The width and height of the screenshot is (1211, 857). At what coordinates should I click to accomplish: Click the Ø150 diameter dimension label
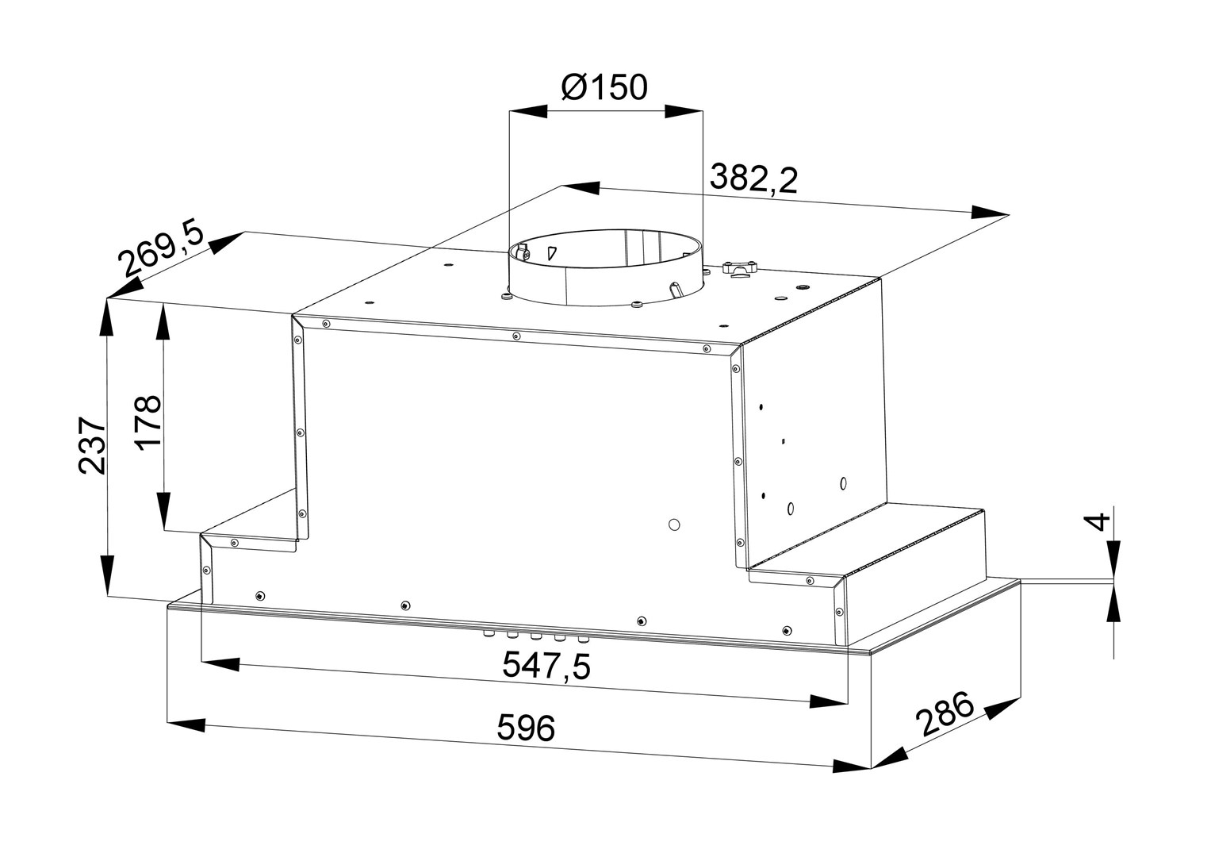pos(604,86)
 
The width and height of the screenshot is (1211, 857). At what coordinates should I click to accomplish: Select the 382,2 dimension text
pos(753,179)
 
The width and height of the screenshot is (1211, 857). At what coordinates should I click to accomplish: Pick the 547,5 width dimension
pos(546,666)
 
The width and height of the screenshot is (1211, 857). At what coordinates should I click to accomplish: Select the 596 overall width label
pos(526,728)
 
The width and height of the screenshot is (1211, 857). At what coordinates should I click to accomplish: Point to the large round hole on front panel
pos(674,525)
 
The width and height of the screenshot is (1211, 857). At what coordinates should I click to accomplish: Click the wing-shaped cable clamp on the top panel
pos(740,269)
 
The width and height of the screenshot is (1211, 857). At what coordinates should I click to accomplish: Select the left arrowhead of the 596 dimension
pos(187,724)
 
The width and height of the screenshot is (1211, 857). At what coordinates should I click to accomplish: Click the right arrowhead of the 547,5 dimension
pos(828,701)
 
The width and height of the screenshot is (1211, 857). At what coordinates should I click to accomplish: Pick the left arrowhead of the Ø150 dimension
pos(528,111)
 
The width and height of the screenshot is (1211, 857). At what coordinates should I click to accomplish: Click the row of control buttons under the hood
pos(536,636)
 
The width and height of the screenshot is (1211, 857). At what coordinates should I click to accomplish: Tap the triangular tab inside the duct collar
pos(552,253)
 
